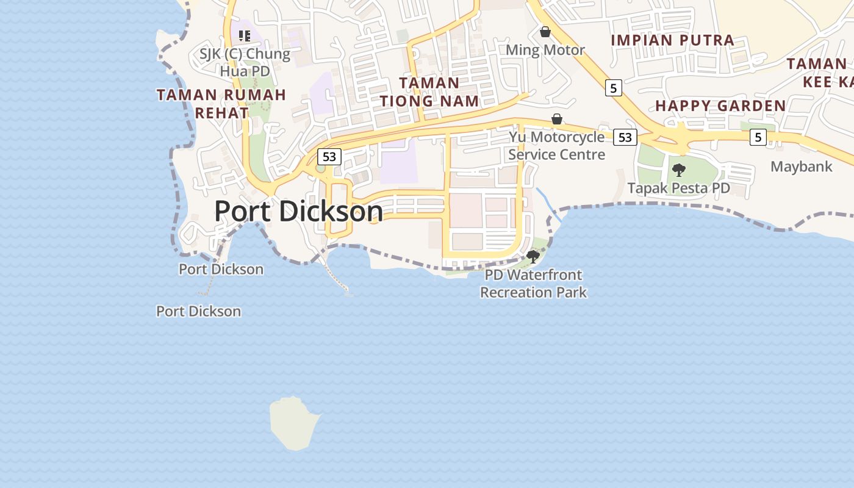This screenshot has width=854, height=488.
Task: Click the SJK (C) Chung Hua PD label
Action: (x=245, y=62)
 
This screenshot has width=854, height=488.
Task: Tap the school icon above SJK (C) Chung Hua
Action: (x=245, y=36)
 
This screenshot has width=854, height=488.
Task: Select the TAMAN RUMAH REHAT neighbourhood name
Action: (x=221, y=104)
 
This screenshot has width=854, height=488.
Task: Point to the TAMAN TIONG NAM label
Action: (x=429, y=92)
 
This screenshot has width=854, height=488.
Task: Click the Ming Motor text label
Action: (x=545, y=50)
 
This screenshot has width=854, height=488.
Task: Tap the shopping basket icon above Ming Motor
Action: (x=545, y=31)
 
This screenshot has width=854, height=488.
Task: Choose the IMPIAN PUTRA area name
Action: (x=672, y=40)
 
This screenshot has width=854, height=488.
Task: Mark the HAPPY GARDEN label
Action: (x=720, y=106)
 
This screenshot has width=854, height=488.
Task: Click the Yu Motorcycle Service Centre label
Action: (x=556, y=145)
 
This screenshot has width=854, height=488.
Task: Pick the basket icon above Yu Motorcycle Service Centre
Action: (x=556, y=119)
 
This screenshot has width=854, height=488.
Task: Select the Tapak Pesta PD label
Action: (x=678, y=188)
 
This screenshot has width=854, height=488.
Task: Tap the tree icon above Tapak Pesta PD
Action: (x=678, y=170)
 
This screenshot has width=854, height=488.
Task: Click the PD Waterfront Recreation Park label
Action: (x=533, y=284)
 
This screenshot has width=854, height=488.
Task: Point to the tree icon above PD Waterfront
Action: (x=533, y=257)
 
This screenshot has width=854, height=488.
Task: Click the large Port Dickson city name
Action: (x=298, y=212)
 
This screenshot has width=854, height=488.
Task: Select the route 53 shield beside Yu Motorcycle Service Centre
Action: (x=625, y=137)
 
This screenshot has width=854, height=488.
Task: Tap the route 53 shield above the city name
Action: (x=329, y=157)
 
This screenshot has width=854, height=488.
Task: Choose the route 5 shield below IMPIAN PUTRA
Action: (x=613, y=88)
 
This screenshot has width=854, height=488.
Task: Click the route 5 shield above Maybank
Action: (x=758, y=137)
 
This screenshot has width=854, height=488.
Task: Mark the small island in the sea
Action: (x=295, y=423)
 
